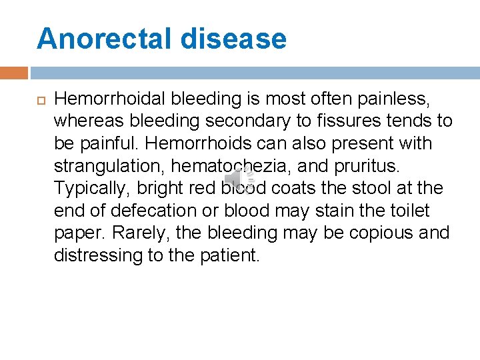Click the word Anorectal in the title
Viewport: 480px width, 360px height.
pyautogui.click(x=103, y=39)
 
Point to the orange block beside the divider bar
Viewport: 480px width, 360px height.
pyautogui.click(x=14, y=73)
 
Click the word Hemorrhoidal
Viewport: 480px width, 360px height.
pyautogui.click(x=110, y=99)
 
